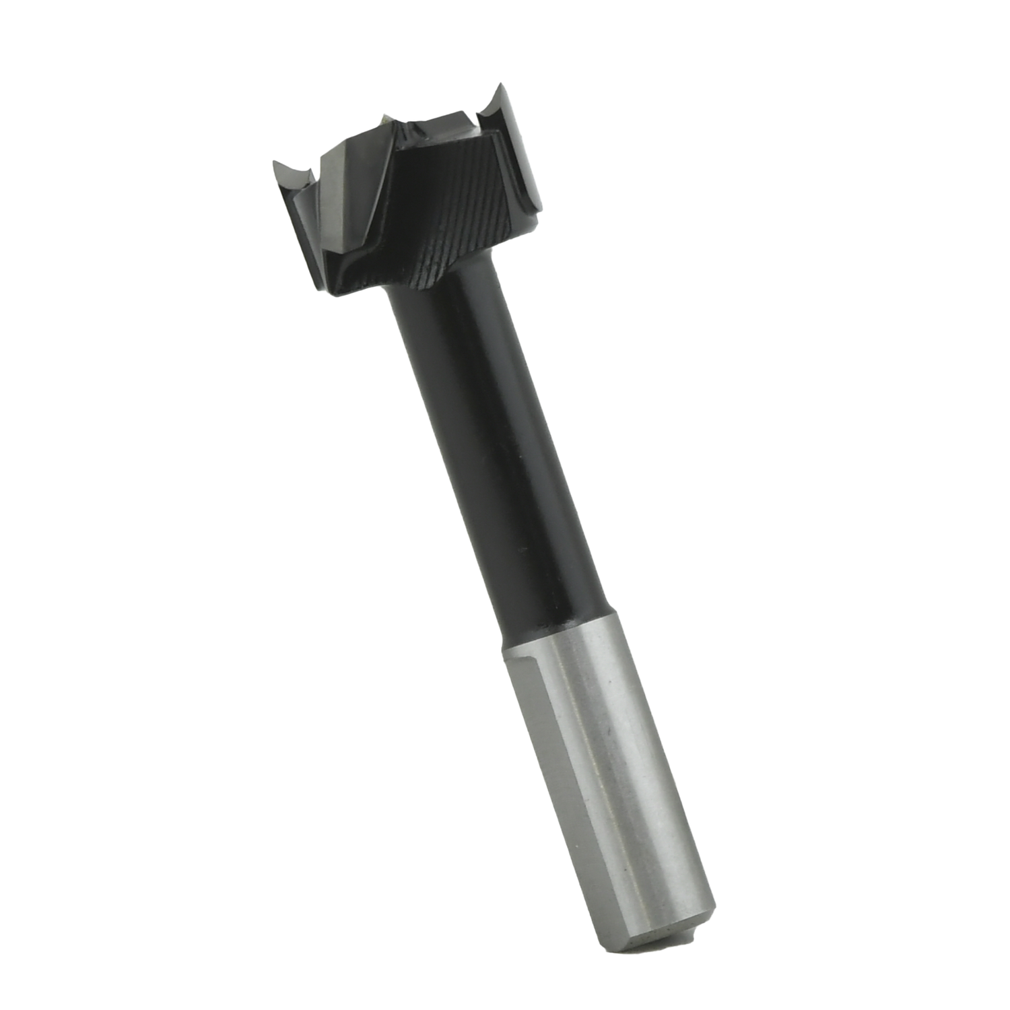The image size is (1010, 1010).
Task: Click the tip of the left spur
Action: [273, 160]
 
